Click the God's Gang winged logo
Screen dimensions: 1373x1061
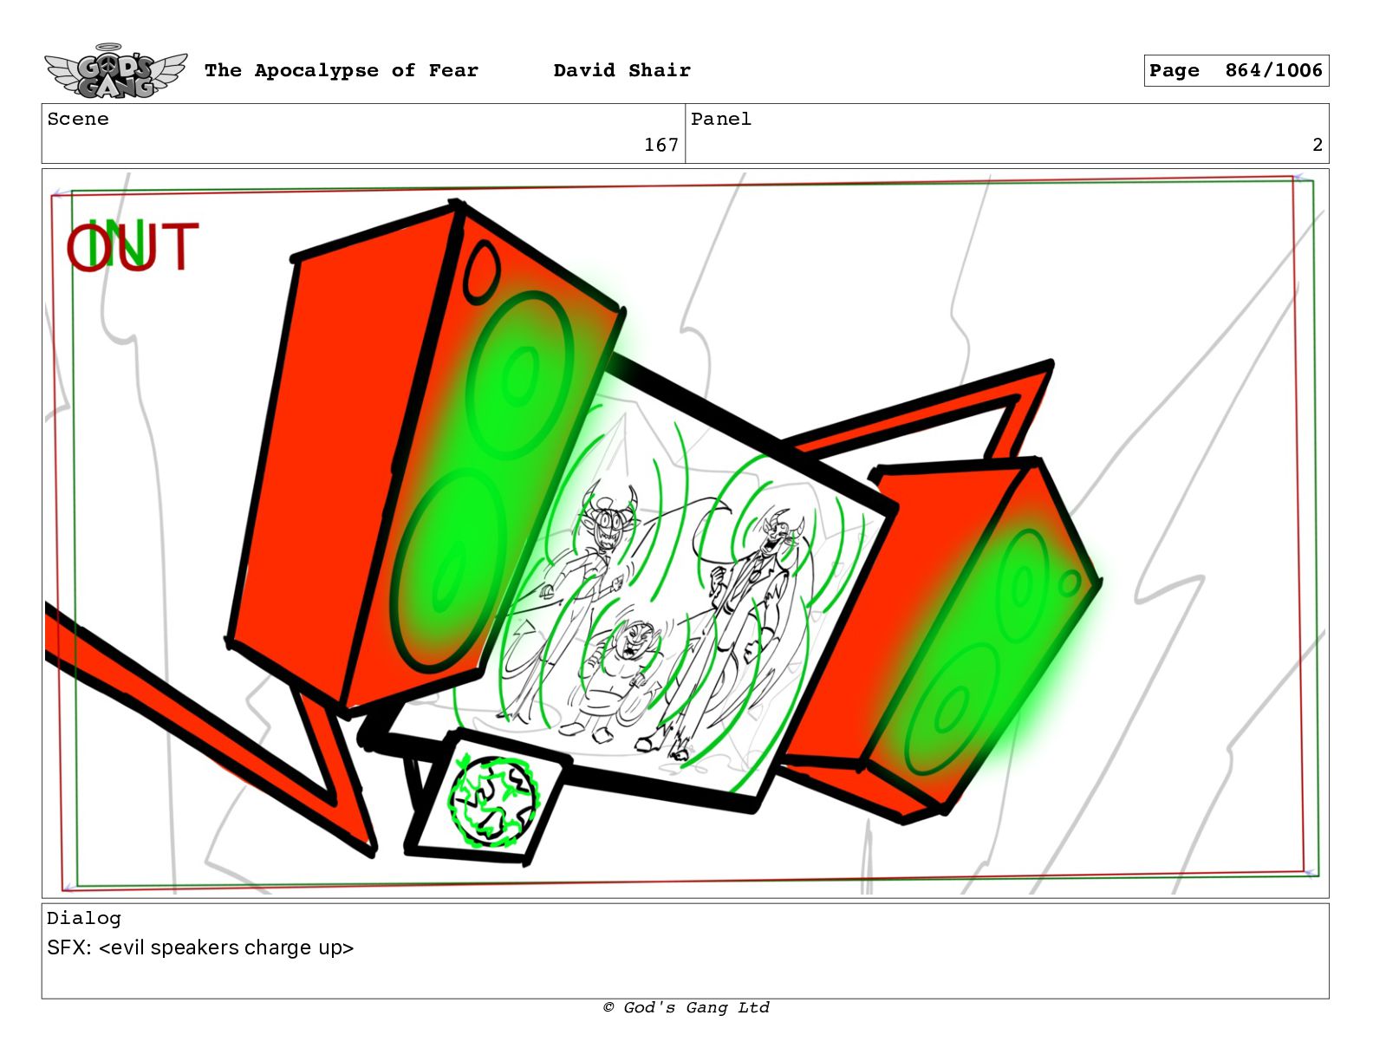115,71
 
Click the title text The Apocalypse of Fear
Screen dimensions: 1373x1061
342,70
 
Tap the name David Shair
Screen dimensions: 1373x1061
621,70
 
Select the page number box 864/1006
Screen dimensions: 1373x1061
1236,70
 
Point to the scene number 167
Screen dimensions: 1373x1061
660,146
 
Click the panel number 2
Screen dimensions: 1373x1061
1318,146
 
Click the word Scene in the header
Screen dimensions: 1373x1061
78,119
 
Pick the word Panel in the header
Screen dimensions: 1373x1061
721,119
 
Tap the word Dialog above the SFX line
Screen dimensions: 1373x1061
83,918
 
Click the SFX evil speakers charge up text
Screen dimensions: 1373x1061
200,947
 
